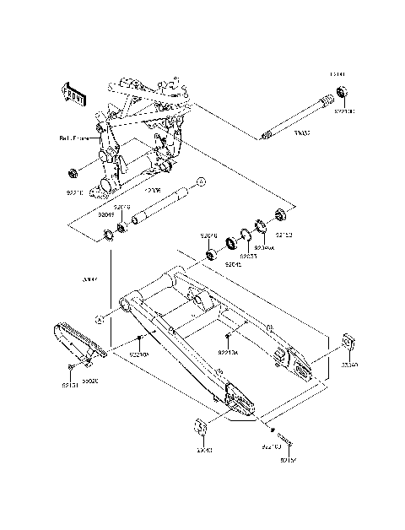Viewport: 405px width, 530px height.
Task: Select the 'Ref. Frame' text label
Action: pos(73,137)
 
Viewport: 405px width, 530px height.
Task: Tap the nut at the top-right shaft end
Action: pos(341,91)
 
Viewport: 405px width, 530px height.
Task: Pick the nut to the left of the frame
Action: pos(72,176)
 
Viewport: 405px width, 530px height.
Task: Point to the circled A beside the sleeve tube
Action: pos(202,181)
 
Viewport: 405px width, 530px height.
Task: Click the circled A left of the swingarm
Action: pos(99,319)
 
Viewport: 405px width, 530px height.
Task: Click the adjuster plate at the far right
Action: pos(347,345)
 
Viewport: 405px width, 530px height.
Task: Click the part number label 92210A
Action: pos(139,355)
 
